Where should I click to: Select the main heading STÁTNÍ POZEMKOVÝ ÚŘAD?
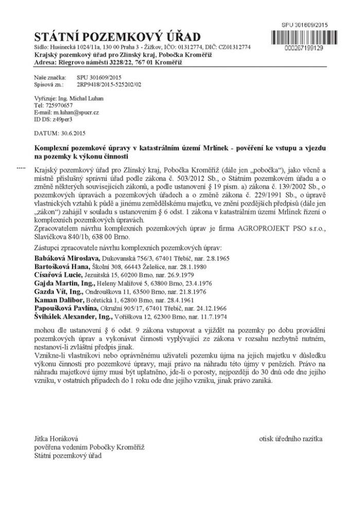(x=117, y=37)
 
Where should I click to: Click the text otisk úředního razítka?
(x=292, y=439)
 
